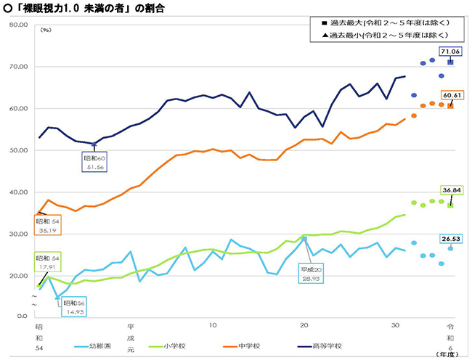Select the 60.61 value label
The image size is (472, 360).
[449, 95]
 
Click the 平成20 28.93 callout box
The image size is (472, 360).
[314, 274]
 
